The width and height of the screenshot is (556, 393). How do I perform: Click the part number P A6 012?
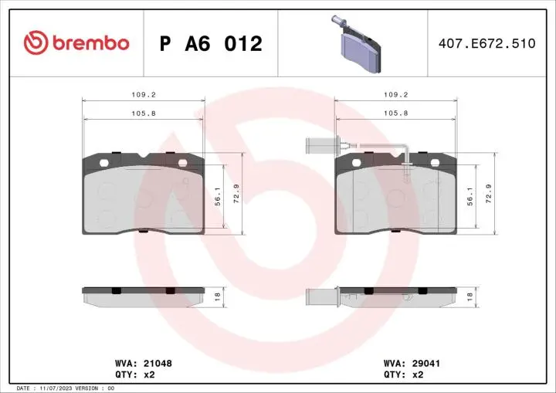tap(211, 44)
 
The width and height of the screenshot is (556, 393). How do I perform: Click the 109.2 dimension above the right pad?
tap(397, 96)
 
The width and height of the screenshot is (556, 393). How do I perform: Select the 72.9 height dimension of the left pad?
tap(238, 191)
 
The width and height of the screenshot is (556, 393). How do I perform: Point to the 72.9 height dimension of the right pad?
tap(489, 191)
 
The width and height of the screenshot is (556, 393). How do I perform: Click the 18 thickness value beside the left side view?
tap(219, 295)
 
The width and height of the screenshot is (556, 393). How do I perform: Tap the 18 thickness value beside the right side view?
tap(470, 295)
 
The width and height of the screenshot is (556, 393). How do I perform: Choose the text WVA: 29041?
tap(412, 361)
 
